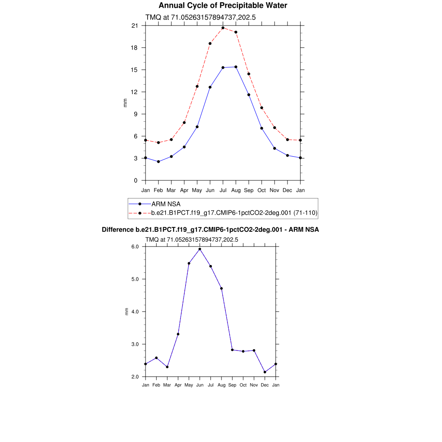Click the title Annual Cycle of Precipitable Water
223,6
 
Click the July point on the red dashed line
223,28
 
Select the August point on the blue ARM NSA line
236,67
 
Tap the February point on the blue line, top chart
158,161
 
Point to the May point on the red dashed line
197,86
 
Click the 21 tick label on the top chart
135,25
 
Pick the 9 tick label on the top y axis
136,114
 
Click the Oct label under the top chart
262,190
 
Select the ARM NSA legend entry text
166,204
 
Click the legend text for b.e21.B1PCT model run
234,213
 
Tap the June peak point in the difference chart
200,249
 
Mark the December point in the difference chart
265,372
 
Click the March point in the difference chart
167,367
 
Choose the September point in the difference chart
232,350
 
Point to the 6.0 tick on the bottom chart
135,246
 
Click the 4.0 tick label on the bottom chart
135,312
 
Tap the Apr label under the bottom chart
178,385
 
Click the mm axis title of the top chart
126,103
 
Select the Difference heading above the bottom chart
210,230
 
